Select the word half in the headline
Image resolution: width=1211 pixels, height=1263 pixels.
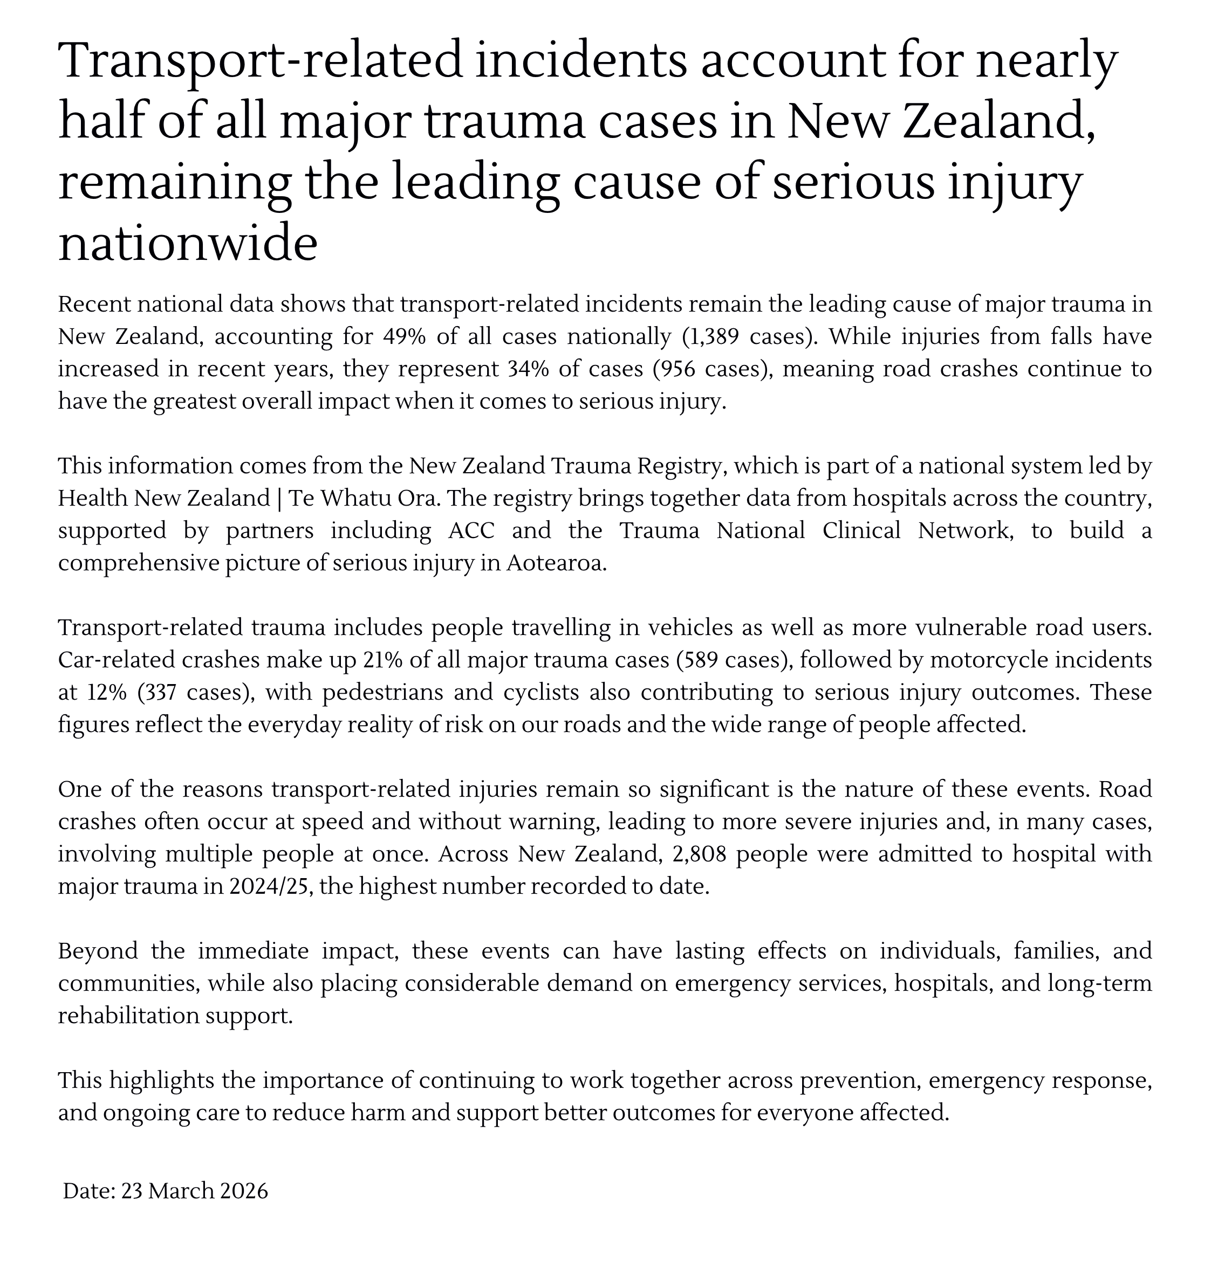100,121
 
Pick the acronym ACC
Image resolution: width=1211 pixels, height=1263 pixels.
471,531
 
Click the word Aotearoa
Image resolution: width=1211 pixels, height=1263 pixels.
556,564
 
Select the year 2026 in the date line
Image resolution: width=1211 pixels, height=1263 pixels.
243,1191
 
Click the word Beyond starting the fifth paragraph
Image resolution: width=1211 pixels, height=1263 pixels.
98,951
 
